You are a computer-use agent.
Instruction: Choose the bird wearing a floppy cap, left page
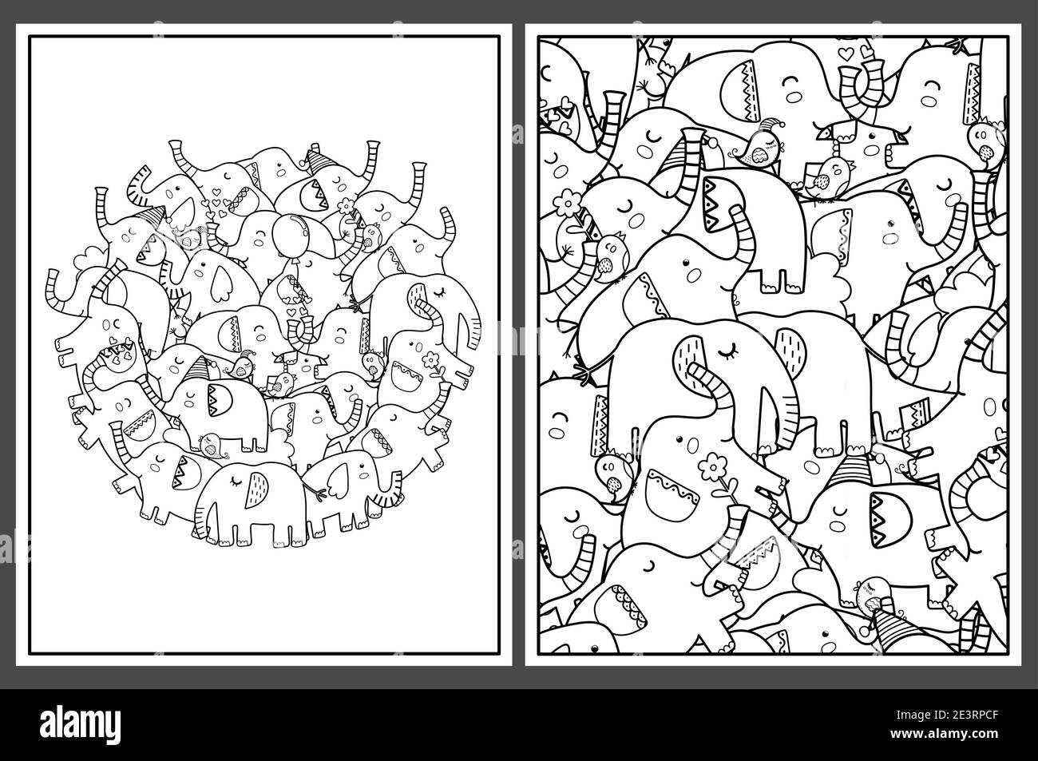pos(238,366)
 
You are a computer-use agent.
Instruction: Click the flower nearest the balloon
pos(347,205)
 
